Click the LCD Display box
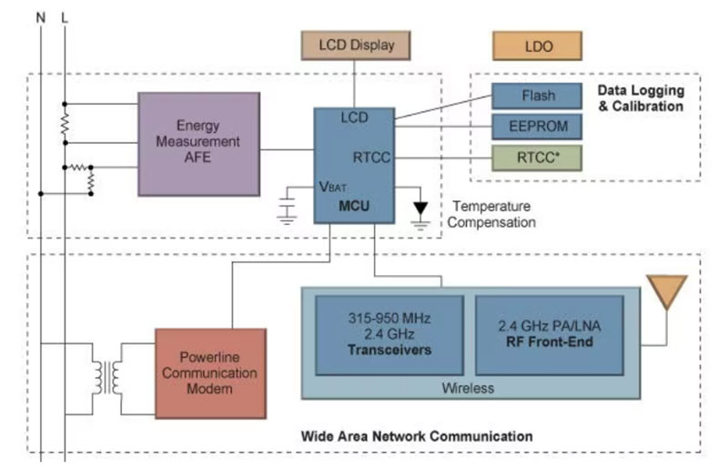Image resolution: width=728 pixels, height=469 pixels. point(357,45)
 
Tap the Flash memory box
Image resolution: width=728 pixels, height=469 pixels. point(537,96)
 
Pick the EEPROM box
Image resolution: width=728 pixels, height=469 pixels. point(537,126)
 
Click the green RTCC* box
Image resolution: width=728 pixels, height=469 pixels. point(537,157)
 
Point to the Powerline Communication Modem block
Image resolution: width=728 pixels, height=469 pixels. point(210,373)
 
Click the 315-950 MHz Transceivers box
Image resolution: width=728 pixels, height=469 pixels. point(389,334)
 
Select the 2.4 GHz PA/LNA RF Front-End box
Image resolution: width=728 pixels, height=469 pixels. point(550,334)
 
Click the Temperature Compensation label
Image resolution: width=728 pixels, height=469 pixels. point(493,215)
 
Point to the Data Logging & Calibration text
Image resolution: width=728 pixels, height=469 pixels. point(640,98)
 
